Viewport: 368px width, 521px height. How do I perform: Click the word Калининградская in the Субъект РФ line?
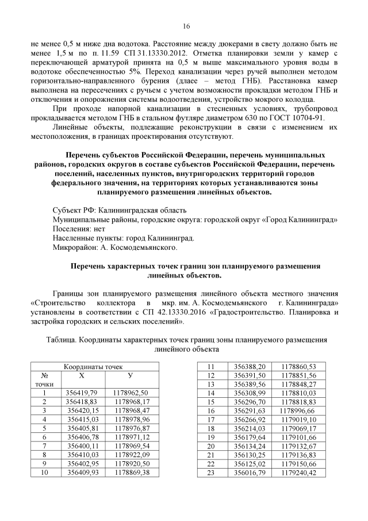[126, 211]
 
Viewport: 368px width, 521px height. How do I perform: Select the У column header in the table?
[130, 375]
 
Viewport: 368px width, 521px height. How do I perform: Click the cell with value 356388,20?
[250, 366]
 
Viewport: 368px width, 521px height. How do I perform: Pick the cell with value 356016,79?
[250, 473]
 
